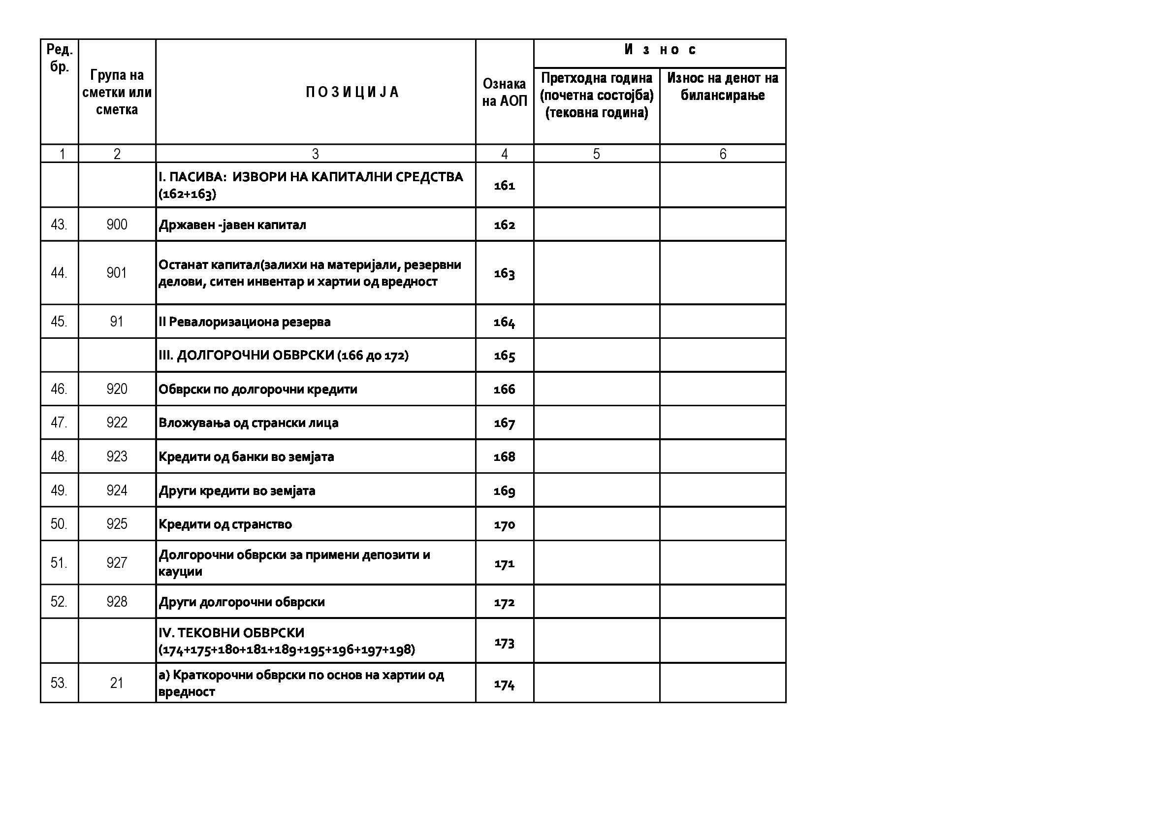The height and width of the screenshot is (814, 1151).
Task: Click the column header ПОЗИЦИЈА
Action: point(352,92)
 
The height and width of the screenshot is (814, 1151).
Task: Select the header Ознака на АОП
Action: point(504,92)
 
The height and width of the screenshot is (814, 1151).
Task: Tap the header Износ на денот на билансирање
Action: point(722,87)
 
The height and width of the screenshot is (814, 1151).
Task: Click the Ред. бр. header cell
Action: point(59,58)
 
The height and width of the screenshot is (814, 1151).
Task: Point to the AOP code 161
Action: point(504,186)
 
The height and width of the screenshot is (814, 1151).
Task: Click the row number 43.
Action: point(59,225)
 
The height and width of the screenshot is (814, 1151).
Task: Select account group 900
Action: point(117,225)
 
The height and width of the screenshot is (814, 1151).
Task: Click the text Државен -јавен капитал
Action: point(232,225)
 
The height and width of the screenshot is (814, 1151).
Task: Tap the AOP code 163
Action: point(504,273)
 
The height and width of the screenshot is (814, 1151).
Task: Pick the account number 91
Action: point(117,322)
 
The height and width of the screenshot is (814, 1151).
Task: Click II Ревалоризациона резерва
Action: point(245,322)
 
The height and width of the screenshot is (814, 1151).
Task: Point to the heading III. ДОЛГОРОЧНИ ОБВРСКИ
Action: point(283,356)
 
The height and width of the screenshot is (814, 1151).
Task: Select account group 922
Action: point(117,423)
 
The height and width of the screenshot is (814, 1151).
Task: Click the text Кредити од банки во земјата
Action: point(246,457)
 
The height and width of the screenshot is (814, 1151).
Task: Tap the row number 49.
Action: point(59,490)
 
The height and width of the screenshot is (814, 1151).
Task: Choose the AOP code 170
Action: point(504,524)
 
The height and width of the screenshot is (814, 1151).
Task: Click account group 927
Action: point(117,563)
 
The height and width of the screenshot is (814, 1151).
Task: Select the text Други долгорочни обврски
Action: point(242,602)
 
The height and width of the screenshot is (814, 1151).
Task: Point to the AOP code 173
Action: point(504,643)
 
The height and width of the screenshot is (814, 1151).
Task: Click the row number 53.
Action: point(59,683)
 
